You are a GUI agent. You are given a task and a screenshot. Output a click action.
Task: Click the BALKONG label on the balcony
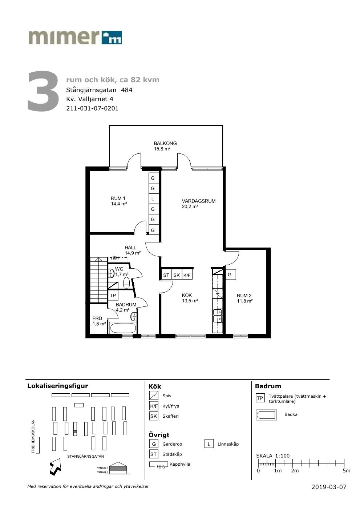(x=165, y=144)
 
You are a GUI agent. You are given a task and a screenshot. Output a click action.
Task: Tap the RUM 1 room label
(x=118, y=198)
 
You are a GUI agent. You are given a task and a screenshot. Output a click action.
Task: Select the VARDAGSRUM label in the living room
(x=198, y=201)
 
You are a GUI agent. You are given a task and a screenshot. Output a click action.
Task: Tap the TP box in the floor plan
(x=113, y=296)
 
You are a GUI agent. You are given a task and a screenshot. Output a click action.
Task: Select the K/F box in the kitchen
(x=187, y=275)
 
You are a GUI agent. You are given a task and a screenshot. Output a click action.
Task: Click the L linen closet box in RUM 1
(x=153, y=198)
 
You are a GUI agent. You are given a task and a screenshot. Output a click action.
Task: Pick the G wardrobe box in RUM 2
(x=230, y=274)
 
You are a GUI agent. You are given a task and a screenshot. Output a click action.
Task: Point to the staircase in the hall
(x=98, y=280)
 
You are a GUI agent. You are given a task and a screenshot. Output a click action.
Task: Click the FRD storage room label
(x=97, y=318)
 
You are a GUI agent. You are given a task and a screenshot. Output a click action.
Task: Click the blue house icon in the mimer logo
(x=112, y=37)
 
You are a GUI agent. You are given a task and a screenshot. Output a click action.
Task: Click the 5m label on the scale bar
(x=346, y=471)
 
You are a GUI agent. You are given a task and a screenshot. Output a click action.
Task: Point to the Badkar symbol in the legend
(x=266, y=415)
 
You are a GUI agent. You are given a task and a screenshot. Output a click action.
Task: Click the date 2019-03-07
(x=329, y=487)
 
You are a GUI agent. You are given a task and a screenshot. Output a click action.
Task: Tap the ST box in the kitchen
(x=166, y=275)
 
